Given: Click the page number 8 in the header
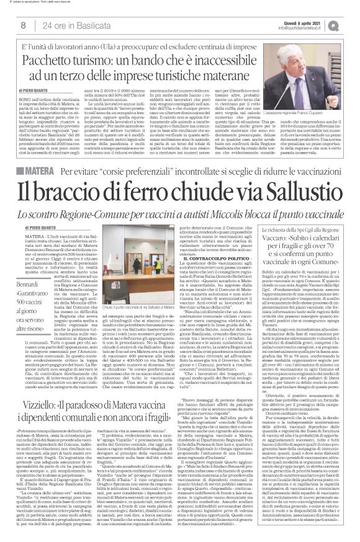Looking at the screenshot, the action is tap(22, 25).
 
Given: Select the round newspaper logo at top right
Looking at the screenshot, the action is tap(350, 23).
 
